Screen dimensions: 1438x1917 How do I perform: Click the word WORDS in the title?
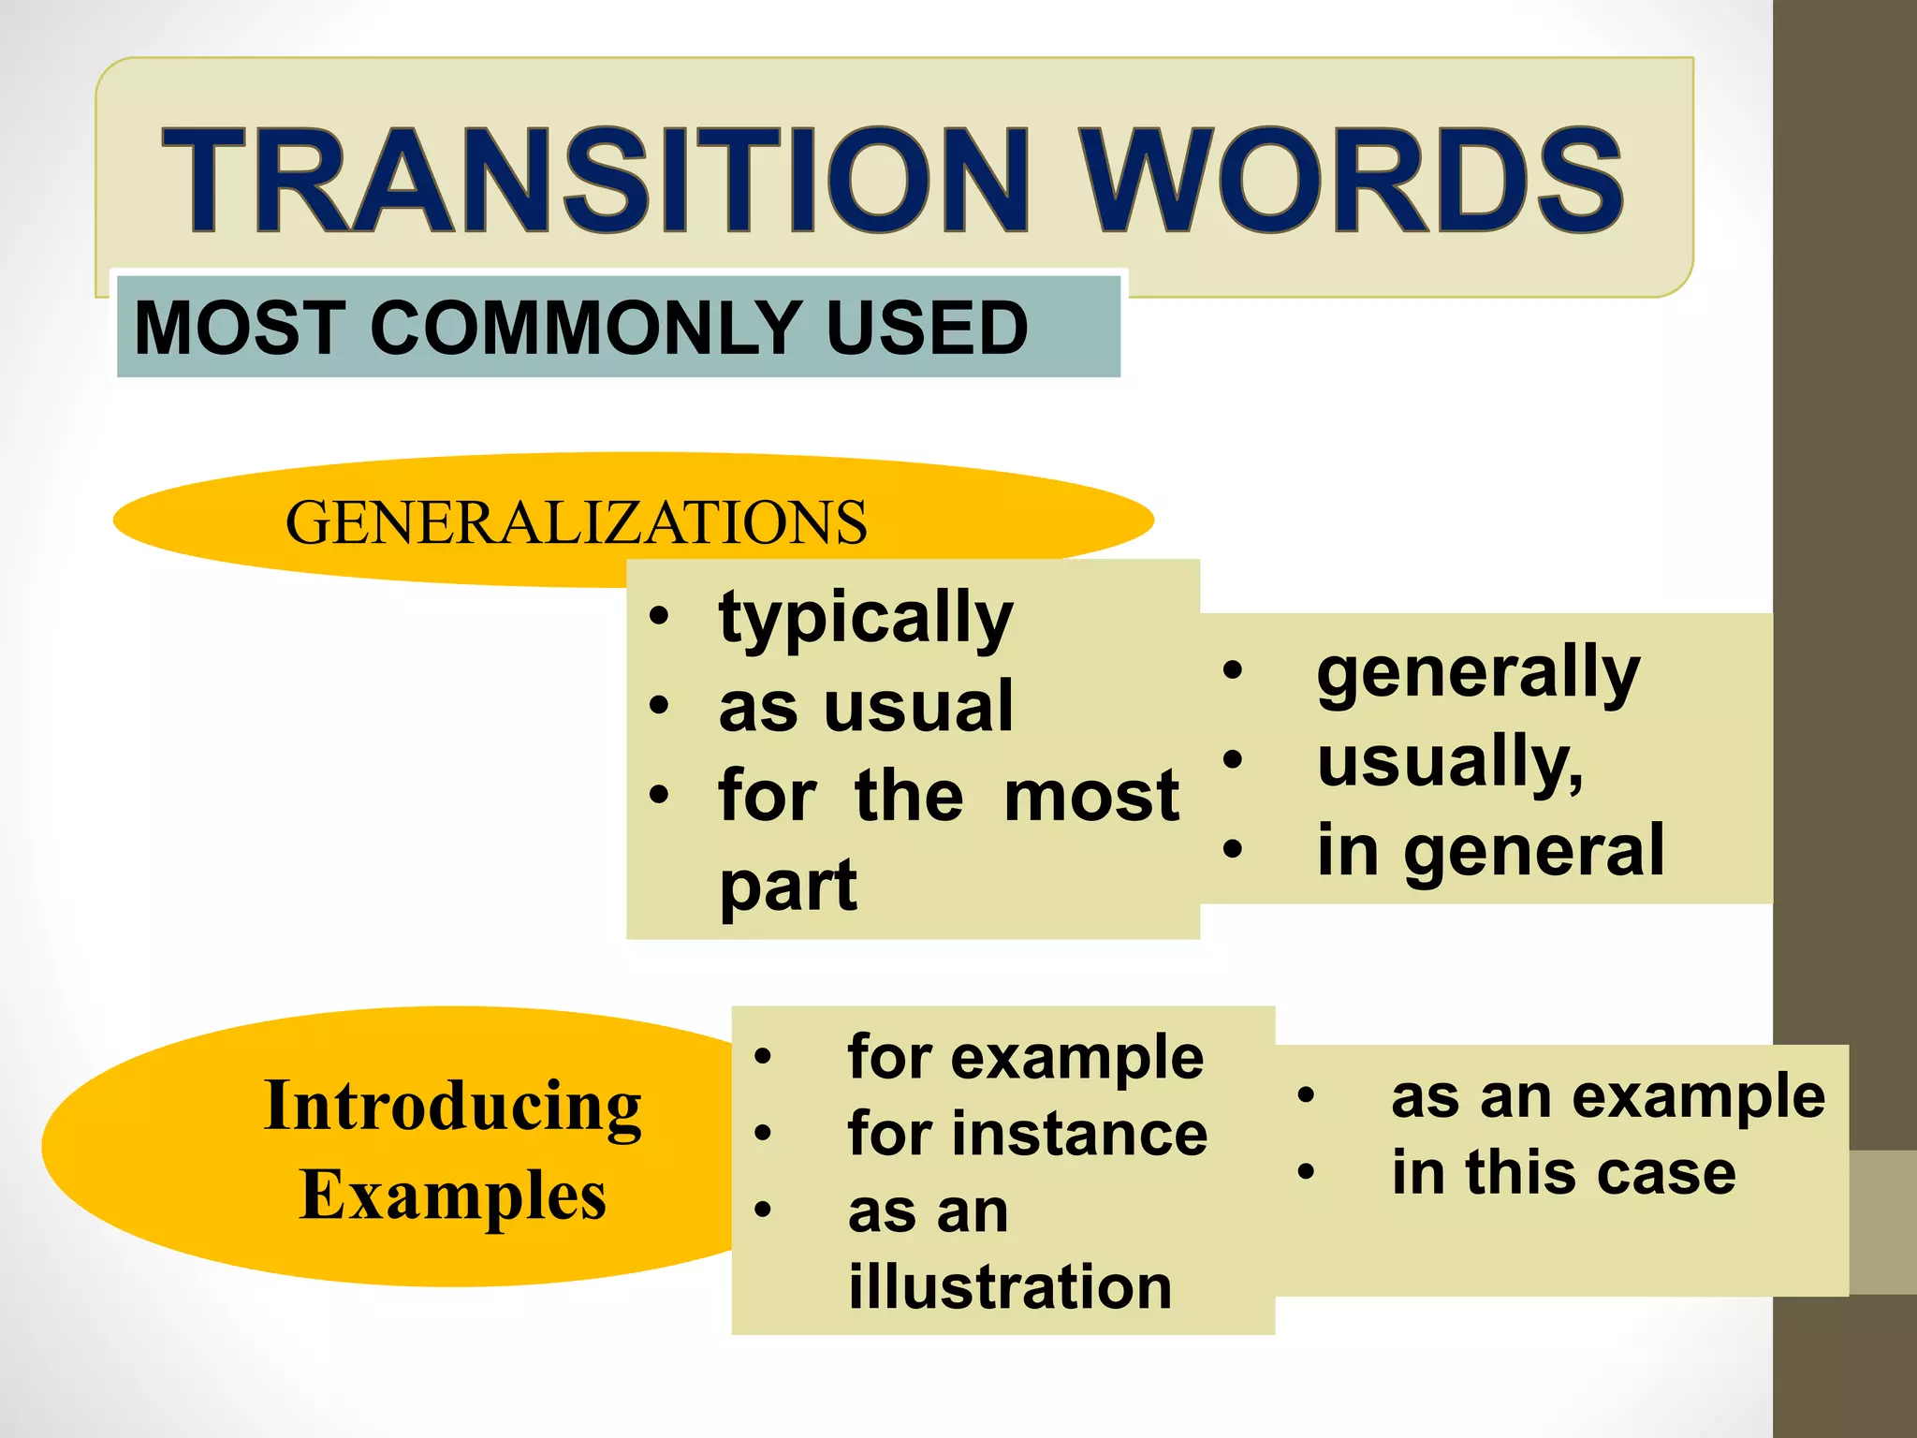click(1354, 180)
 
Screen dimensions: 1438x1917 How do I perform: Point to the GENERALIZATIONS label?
click(576, 522)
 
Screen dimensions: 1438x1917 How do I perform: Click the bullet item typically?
click(866, 619)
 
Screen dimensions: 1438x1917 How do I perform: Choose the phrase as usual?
click(866, 707)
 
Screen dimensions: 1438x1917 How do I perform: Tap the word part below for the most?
click(787, 885)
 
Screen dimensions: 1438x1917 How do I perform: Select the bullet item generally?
click(1478, 672)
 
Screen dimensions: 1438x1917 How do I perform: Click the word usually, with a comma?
click(1450, 761)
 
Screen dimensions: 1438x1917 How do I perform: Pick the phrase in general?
click(1490, 850)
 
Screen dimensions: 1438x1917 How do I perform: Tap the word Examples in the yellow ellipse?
click(453, 1196)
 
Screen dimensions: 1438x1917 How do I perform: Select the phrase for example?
click(1025, 1058)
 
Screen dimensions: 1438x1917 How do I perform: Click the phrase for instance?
click(1027, 1134)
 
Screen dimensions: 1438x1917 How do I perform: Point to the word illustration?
click(1009, 1286)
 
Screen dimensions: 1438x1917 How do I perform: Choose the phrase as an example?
click(1607, 1096)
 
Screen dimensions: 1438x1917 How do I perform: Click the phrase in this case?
click(1563, 1172)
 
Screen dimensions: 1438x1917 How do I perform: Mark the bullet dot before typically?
click(660, 617)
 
